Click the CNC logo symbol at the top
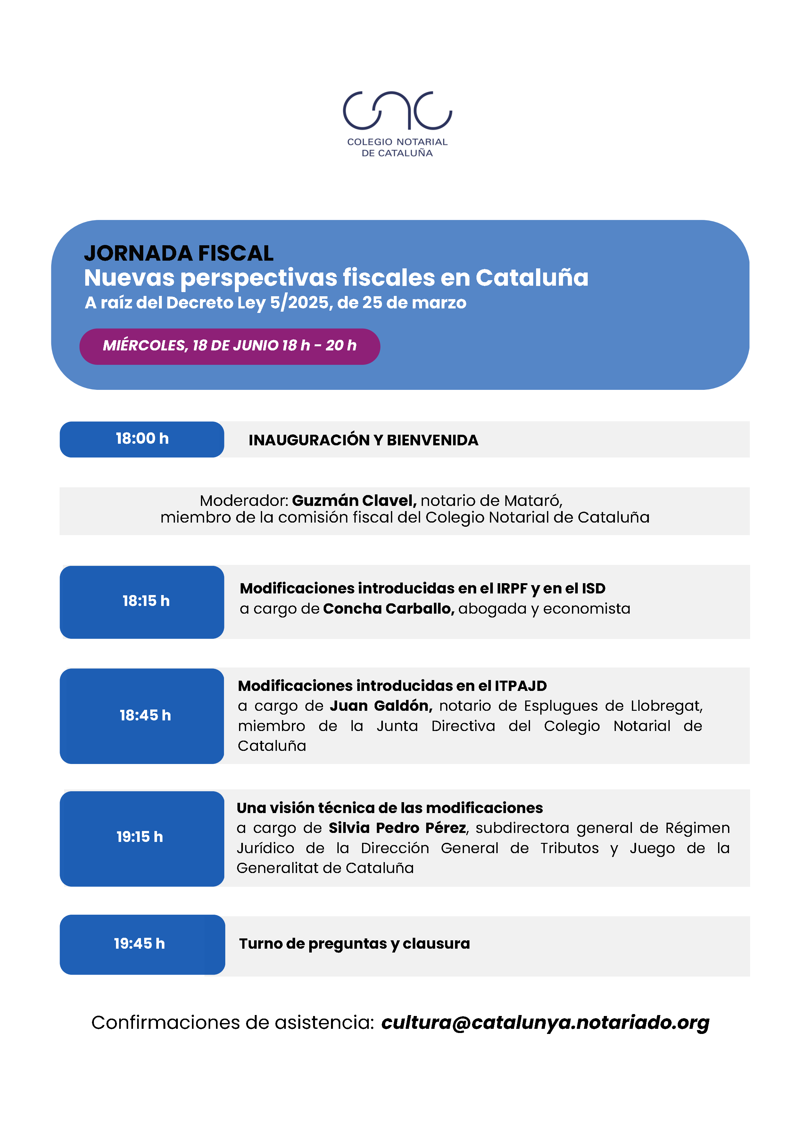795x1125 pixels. click(397, 110)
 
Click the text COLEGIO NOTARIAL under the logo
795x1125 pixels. click(397, 142)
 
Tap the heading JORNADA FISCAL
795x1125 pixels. click(179, 253)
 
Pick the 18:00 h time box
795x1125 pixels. click(142, 439)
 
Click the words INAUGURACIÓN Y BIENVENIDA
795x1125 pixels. click(363, 440)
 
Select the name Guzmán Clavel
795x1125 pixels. click(354, 500)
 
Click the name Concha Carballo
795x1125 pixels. click(388, 609)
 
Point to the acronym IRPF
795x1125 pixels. click(512, 588)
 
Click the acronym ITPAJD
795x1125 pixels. click(521, 685)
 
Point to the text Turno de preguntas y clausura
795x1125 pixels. click(354, 944)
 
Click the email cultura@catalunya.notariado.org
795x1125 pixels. click(545, 1023)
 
